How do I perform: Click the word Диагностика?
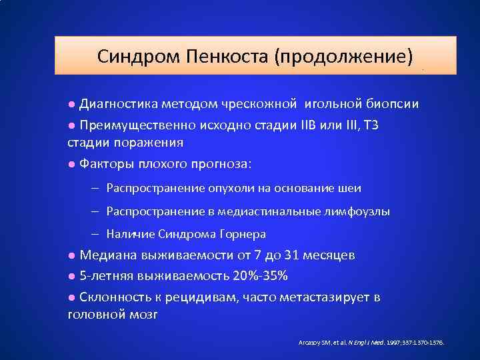(x=119, y=105)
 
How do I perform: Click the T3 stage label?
(x=369, y=125)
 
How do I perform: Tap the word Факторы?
(x=105, y=163)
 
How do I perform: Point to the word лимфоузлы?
(x=357, y=211)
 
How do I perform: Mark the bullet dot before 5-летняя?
(x=71, y=277)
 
